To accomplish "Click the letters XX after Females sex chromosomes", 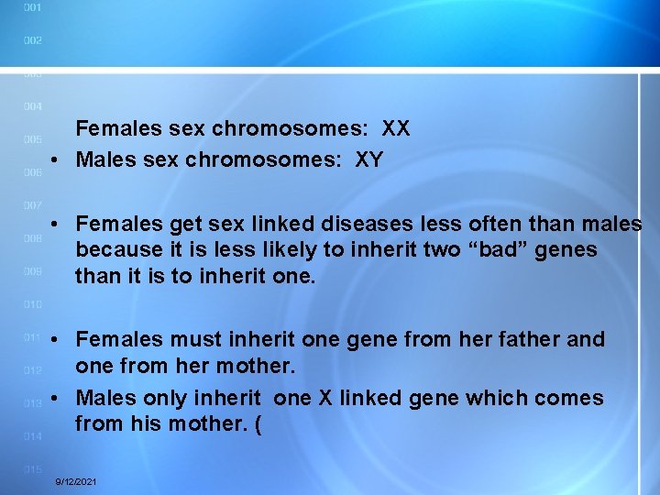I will (396, 129).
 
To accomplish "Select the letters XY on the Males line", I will (369, 160).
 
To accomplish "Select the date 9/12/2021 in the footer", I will (77, 481).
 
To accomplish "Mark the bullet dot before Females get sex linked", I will (56, 225).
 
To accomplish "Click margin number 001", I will (32, 7).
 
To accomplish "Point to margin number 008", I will (32, 238).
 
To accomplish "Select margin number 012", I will (32, 370).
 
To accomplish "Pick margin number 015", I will (32, 469).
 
